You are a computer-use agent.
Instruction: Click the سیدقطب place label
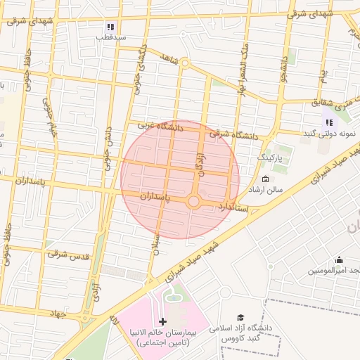(x=111, y=37)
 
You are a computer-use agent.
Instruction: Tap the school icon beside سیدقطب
(x=110, y=26)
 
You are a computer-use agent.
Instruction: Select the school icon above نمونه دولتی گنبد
(x=328, y=122)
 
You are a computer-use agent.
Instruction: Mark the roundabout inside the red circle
(x=195, y=202)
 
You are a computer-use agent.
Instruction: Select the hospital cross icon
(x=164, y=321)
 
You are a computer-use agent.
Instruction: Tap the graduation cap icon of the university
(x=240, y=318)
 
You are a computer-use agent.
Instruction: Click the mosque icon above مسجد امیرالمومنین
(x=339, y=259)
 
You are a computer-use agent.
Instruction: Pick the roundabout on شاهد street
(x=185, y=63)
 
